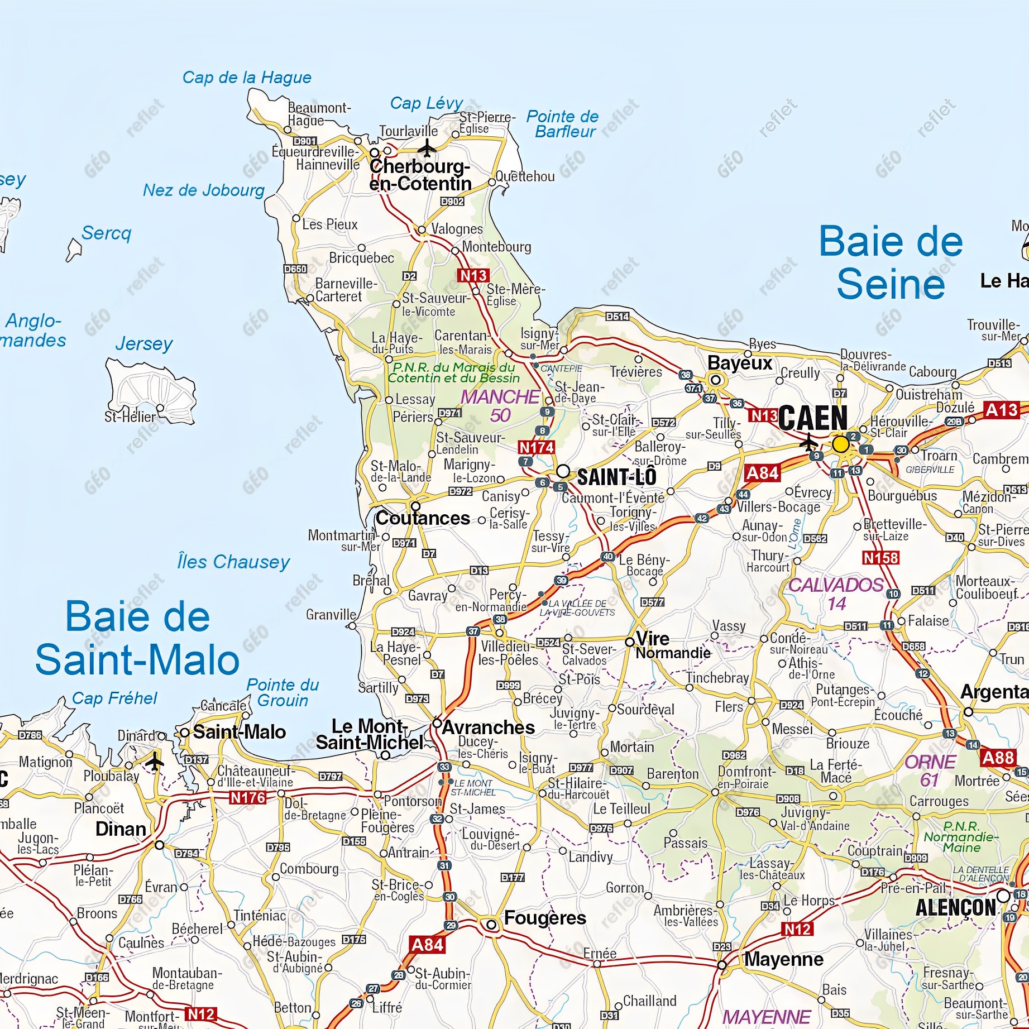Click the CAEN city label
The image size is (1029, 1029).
[813, 418]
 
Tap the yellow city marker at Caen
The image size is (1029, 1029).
[840, 444]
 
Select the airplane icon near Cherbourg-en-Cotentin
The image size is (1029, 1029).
[427, 149]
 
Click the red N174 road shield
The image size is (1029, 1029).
[536, 447]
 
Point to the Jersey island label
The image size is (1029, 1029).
[144, 343]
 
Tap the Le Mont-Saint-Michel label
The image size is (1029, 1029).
[369, 734]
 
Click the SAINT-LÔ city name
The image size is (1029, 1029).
[616, 477]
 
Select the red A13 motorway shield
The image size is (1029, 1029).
[1002, 410]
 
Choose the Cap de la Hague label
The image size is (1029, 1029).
[247, 77]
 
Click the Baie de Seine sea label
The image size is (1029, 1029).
[891, 263]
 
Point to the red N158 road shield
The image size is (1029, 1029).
[880, 558]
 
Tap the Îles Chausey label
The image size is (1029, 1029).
[233, 562]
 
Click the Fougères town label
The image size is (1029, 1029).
[545, 917]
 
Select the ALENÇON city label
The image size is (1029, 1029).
[955, 907]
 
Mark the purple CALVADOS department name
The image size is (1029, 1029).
[836, 585]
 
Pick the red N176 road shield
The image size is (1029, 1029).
[248, 798]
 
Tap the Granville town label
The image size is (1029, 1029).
[331, 615]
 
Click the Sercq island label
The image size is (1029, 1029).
[106, 233]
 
